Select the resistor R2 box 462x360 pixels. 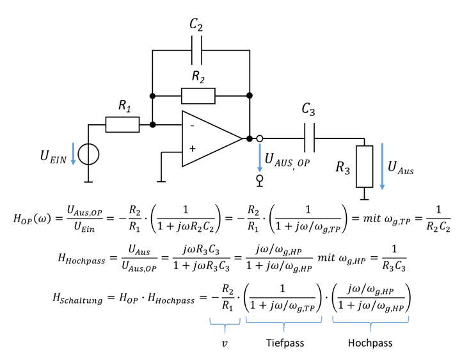(198, 96)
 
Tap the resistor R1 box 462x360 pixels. (122, 124)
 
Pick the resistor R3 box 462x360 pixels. (364, 166)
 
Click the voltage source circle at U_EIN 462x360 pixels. (88, 154)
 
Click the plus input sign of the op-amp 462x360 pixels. (192, 149)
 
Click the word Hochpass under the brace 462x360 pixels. (370, 343)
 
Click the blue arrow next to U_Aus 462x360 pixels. (383, 167)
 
